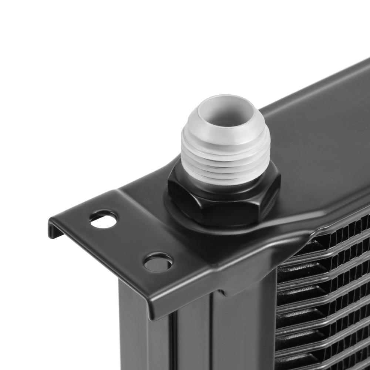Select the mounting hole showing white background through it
pyautogui.click(x=103, y=220)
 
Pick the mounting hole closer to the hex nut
pyautogui.click(x=158, y=263)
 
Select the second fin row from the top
pyautogui.click(x=326, y=255)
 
